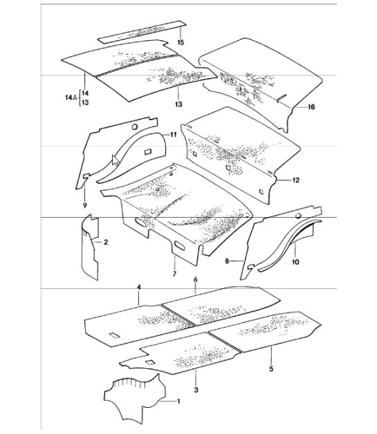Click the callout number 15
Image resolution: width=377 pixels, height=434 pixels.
[181, 42]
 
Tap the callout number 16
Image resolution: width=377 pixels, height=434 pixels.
[311, 107]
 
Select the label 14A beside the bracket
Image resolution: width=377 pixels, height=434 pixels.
[71, 97]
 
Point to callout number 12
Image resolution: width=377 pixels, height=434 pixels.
[296, 180]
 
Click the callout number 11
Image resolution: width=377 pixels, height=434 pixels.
[173, 135]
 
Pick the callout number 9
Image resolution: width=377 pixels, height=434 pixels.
[85, 205]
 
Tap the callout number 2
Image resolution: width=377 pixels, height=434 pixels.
[106, 243]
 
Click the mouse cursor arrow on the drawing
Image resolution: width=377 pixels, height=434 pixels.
[116, 160]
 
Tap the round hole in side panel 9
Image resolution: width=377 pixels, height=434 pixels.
[135, 127]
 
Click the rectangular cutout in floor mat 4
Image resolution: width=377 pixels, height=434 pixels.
[114, 335]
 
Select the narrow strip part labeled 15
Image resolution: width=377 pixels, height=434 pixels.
[141, 32]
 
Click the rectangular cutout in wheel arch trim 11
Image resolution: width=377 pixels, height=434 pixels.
[148, 151]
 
